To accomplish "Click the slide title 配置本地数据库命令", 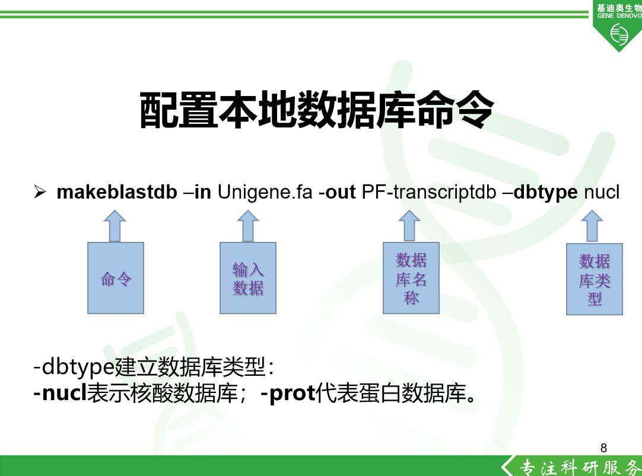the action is pyautogui.click(x=316, y=110).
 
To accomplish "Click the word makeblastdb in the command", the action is pyautogui.click(x=117, y=192).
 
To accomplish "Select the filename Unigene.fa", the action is pyautogui.click(x=265, y=192).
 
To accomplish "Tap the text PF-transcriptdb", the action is pyautogui.click(x=428, y=192).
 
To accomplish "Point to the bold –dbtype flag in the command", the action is pyautogui.click(x=541, y=192).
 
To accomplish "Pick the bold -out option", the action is pyautogui.click(x=336, y=192).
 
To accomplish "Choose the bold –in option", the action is pyautogui.click(x=198, y=192).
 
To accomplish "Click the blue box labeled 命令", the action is pyautogui.click(x=116, y=278).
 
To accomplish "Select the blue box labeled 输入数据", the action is pyautogui.click(x=247, y=278).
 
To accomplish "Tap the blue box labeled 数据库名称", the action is pyautogui.click(x=411, y=278).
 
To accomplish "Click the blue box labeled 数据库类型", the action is pyautogui.click(x=595, y=279).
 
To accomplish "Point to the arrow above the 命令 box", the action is pyautogui.click(x=115, y=226).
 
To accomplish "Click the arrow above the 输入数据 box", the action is pyautogui.click(x=247, y=226).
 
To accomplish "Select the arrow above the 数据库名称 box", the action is pyautogui.click(x=409, y=226).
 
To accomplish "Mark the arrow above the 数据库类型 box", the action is pyautogui.click(x=592, y=226).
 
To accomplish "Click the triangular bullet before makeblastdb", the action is pyautogui.click(x=40, y=191).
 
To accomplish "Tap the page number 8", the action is pyautogui.click(x=603, y=448).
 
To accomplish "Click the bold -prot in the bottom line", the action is pyautogui.click(x=287, y=394).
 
